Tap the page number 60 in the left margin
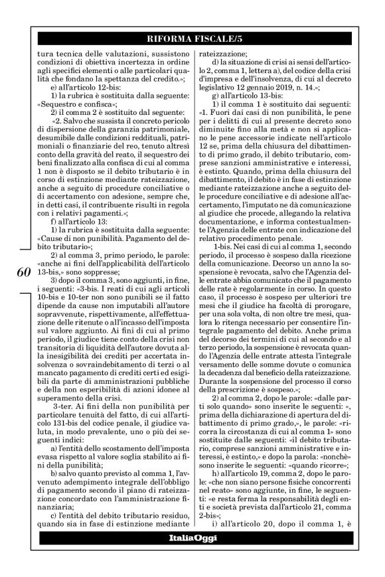point(22,273)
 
